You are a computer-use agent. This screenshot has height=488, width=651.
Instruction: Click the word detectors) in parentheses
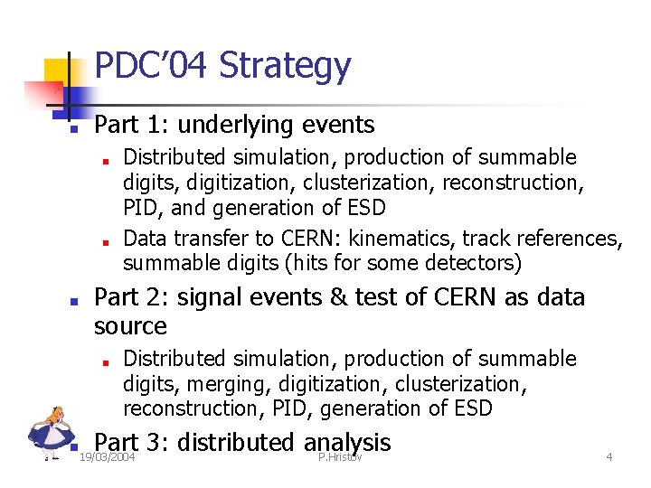(471, 263)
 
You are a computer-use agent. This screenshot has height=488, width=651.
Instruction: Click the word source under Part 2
(130, 325)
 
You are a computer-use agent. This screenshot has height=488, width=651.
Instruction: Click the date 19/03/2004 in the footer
(107, 458)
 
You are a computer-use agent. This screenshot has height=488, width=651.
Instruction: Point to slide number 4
(609, 458)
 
